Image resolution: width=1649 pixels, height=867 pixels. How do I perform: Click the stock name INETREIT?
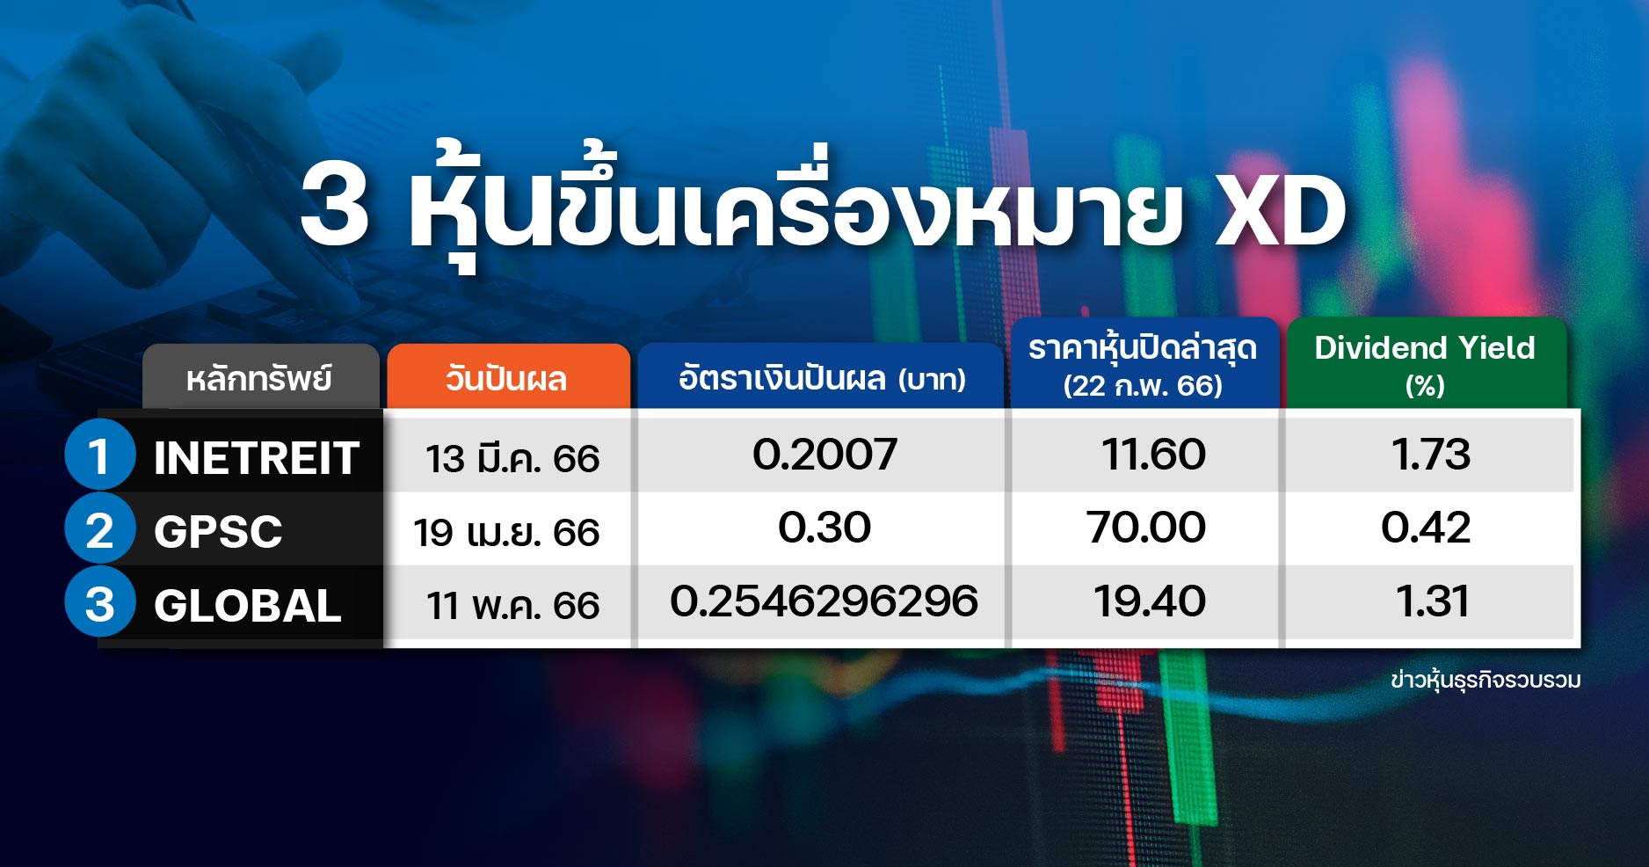coord(257,458)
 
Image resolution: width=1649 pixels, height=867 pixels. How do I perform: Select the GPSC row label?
coord(218,531)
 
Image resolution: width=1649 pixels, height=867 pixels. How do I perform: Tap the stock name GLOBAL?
coord(248,605)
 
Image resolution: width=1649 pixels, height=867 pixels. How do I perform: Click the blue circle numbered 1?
coord(99,455)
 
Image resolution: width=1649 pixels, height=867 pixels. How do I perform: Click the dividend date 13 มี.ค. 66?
coord(512,458)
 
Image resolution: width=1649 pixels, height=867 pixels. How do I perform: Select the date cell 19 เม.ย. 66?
coord(506,532)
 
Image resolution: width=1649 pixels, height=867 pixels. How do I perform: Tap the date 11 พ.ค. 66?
coord(513,605)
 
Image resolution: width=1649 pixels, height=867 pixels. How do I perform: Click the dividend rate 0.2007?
coord(824,454)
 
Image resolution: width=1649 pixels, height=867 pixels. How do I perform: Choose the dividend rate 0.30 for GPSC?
coord(824,527)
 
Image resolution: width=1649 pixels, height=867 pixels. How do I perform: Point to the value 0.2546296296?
coord(824,601)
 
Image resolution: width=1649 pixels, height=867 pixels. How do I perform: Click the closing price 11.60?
coord(1153,454)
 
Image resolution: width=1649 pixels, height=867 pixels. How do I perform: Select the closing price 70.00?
coord(1146,527)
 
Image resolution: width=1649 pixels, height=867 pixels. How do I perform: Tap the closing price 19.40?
coord(1149,601)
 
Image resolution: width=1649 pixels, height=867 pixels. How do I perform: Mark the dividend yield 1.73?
coord(1431,454)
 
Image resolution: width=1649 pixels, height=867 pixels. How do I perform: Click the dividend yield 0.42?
coord(1426,527)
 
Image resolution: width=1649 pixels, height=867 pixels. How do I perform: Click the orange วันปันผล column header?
coord(508,376)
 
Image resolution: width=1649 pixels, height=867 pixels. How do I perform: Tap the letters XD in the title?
coord(1280,211)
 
